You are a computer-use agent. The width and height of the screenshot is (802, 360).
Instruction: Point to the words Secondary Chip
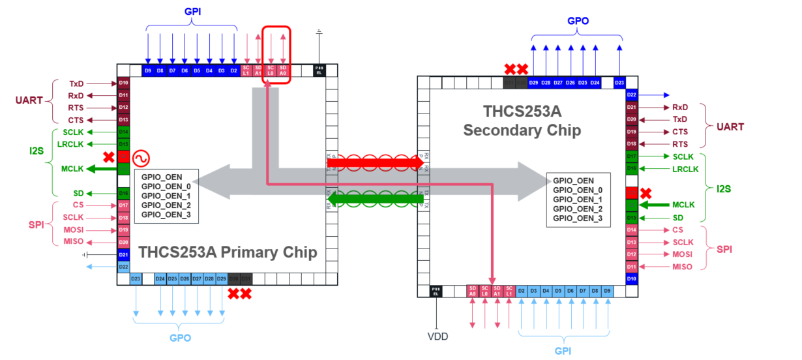(x=522, y=130)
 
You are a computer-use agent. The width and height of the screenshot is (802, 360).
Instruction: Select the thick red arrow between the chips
(x=376, y=162)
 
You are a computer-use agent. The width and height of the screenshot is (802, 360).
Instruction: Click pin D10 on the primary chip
(x=123, y=83)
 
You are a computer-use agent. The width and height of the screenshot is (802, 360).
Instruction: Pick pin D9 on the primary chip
(x=148, y=70)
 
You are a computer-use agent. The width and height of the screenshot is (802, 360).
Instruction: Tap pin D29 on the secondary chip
(x=534, y=83)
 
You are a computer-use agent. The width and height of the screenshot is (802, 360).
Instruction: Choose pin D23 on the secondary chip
(x=619, y=83)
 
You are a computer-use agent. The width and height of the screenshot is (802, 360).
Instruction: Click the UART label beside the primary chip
(x=30, y=100)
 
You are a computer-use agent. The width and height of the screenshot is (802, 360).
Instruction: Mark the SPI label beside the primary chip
(x=36, y=224)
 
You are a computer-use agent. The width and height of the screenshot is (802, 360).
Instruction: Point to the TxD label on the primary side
(x=76, y=83)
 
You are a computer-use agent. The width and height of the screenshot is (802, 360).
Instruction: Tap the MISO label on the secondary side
(x=682, y=266)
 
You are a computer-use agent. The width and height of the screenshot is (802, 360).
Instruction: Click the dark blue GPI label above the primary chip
(x=192, y=12)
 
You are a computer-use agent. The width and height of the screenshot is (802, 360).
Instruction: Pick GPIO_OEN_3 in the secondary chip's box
(x=577, y=218)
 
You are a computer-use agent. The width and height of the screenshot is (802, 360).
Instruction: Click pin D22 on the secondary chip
(x=631, y=95)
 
